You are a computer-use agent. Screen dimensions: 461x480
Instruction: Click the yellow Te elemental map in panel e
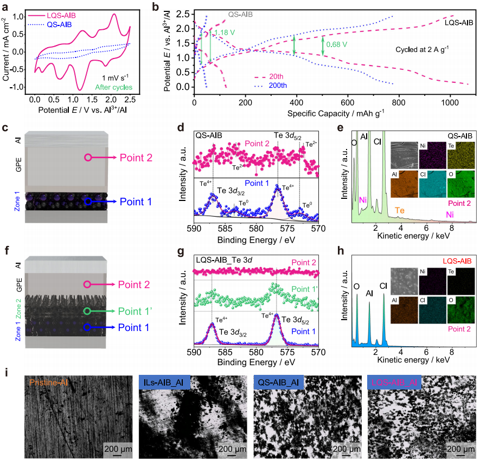(459, 154)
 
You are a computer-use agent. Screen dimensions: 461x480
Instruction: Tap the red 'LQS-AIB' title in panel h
(458, 261)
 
